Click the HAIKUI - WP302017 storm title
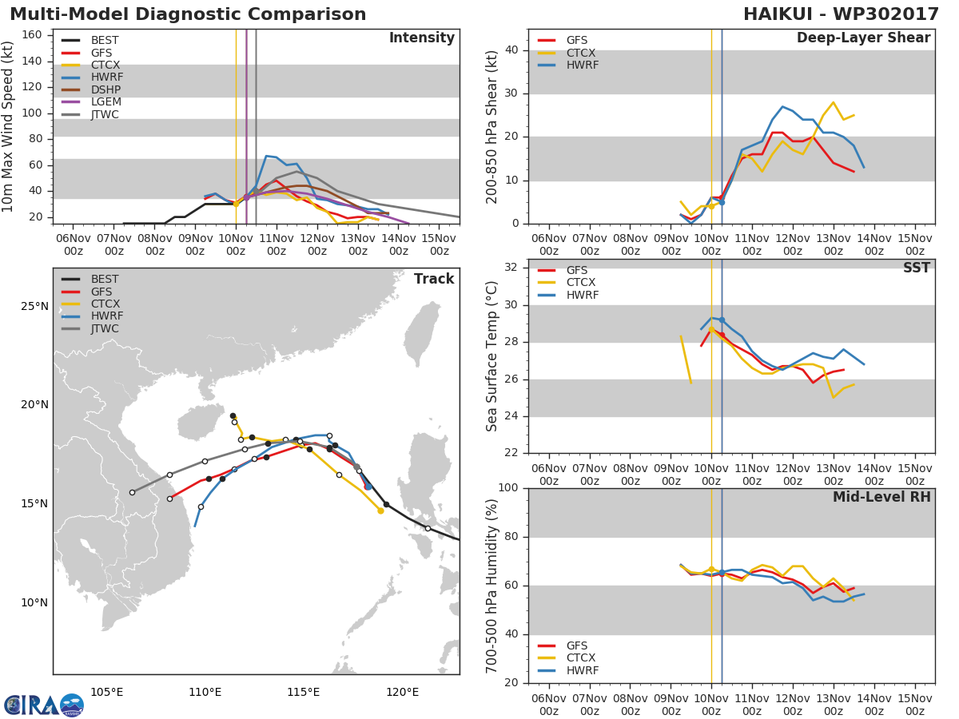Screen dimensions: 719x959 point(841,14)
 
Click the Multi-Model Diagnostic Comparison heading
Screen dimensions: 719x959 point(188,14)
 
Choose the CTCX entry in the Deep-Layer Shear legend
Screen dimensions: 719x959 point(581,53)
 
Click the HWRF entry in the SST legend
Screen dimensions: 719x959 point(582,295)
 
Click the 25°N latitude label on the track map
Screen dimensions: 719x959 point(34,307)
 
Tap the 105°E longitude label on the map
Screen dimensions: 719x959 point(106,692)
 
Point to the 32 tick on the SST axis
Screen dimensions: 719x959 point(511,268)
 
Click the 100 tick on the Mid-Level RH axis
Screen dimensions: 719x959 point(508,488)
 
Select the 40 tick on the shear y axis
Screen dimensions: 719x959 point(511,50)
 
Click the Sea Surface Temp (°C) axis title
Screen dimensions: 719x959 point(492,356)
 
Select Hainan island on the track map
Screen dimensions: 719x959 point(201,421)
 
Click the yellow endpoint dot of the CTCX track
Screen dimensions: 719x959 point(380,510)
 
